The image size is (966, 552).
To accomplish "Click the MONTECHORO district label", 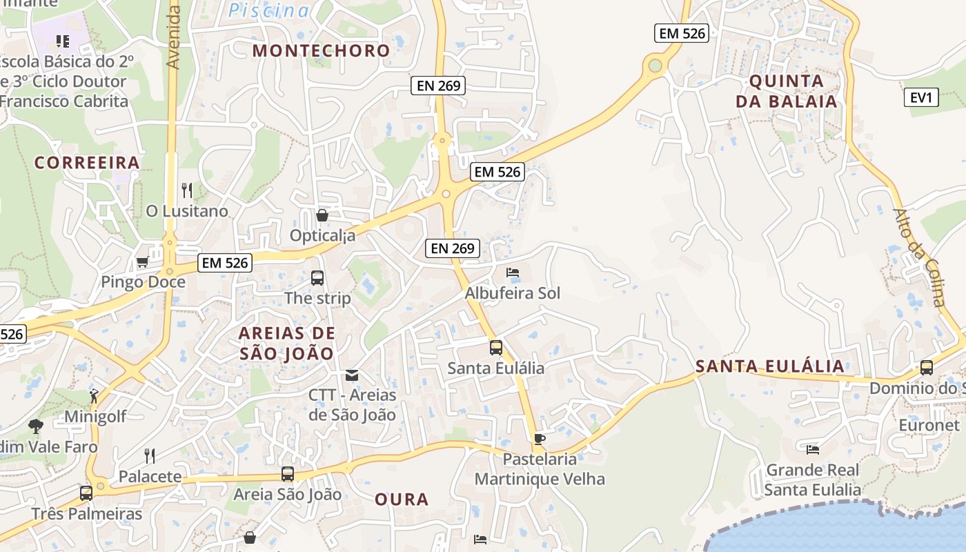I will coord(321,50).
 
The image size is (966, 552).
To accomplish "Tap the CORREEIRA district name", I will coord(87,163).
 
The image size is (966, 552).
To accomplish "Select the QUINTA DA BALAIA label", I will coord(786,91).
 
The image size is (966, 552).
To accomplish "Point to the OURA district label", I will coord(402,500).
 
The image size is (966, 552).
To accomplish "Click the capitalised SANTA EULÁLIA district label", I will coord(769,366).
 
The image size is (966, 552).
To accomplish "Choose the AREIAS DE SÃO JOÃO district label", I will coord(286,343).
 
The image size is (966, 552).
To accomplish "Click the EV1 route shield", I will coord(921,97).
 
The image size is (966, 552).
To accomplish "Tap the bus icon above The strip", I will coord(317,278).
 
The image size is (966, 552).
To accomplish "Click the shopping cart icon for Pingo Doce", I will coord(142,262).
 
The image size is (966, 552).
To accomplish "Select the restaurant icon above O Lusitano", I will coord(186,190).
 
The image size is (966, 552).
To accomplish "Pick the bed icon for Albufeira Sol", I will coord(513,273).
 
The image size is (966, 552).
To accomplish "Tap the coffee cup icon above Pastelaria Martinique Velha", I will coord(540,439).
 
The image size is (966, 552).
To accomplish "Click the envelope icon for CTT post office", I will coord(352,375).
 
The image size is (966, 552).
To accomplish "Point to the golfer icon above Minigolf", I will coord(95,396).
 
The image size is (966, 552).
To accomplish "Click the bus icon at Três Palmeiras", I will coord(86,493).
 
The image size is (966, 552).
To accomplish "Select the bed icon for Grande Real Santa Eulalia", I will coord(813,449).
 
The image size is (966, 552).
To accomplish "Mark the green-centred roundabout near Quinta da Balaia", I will coord(655,66).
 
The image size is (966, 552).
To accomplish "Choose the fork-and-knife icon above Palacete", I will coord(149,455).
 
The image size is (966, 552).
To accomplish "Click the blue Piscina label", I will coord(269,10).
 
